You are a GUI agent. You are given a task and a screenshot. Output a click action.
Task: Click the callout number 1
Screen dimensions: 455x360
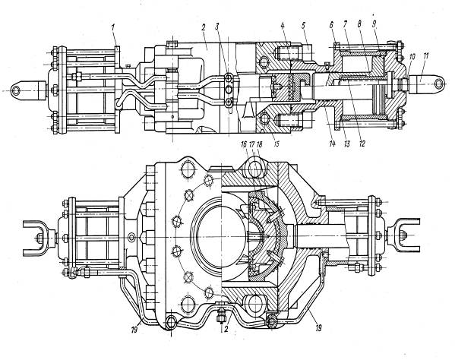(112, 28)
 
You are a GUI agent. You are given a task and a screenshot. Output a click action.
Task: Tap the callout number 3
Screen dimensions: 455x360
(217, 27)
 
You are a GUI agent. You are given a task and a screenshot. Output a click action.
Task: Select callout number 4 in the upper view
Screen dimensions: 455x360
(283, 25)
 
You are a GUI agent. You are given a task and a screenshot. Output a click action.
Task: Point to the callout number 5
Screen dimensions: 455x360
(303, 25)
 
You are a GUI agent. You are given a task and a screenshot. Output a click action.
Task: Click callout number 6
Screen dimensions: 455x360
(331, 25)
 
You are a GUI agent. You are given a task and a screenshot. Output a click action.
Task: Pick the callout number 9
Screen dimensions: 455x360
(374, 24)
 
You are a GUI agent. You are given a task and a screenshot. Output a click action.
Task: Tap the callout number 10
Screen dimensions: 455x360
(412, 57)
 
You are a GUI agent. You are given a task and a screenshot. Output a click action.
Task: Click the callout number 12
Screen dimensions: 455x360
(362, 144)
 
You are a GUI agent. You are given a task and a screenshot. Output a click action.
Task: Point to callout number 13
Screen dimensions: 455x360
(346, 144)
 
